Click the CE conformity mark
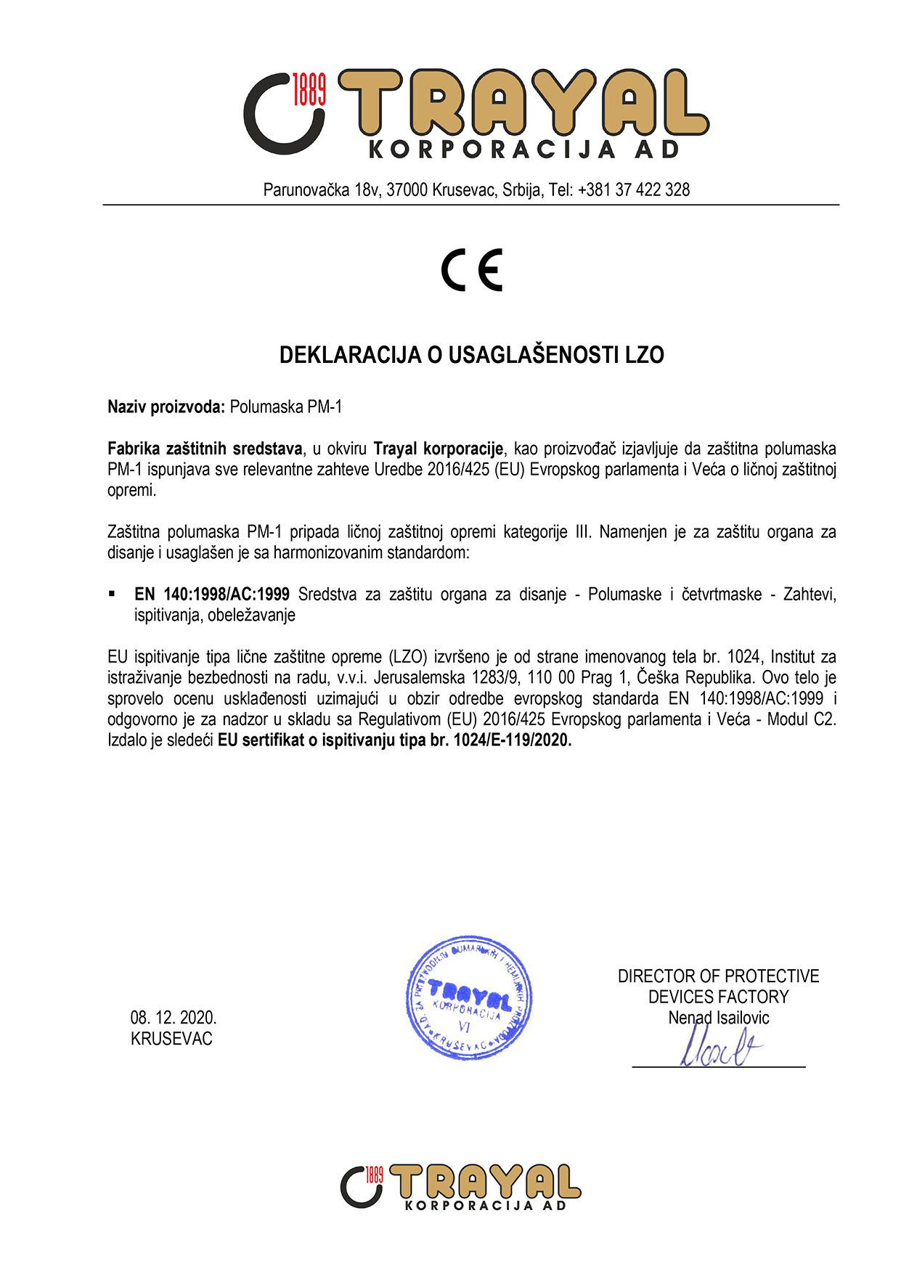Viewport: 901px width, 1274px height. (472, 270)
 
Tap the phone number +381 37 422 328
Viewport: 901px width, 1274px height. (634, 190)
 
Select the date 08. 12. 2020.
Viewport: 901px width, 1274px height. (174, 1018)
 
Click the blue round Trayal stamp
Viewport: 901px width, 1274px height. (469, 997)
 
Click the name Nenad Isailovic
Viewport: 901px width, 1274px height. (718, 1018)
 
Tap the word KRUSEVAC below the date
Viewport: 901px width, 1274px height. (171, 1039)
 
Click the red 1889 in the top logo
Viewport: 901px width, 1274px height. (309, 89)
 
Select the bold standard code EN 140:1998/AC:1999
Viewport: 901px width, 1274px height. (212, 595)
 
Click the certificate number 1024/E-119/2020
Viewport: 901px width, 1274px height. (513, 740)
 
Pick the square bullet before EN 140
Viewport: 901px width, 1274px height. (112, 594)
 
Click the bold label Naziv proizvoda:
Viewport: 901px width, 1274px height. (166, 407)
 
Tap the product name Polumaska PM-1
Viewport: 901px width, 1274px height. (285, 407)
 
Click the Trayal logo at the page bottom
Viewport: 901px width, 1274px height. (460, 1186)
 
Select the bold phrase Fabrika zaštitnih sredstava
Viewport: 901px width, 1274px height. (205, 449)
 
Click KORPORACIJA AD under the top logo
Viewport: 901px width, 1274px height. (523, 150)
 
